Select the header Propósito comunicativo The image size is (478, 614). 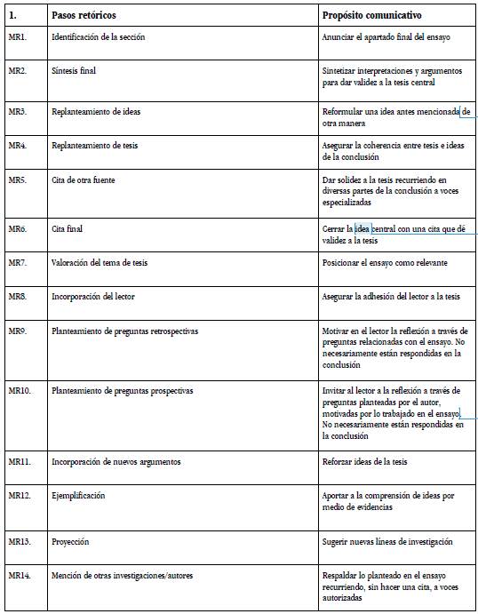coord(371,16)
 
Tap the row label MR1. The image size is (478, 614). coord(17,37)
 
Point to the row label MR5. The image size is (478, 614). coord(17,180)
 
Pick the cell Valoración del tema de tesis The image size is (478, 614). coord(106,262)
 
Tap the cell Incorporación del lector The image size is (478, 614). coord(93,296)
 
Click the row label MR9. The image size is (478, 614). coord(17,331)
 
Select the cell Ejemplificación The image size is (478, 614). coord(78,496)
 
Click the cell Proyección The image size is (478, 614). coord(70,541)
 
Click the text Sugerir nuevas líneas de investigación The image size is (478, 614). coord(387,541)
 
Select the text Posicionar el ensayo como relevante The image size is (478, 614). coord(385,262)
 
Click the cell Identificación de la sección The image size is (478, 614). coord(98,37)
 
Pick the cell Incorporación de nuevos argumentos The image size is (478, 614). coord(116,462)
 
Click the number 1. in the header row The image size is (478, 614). coord(12,16)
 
